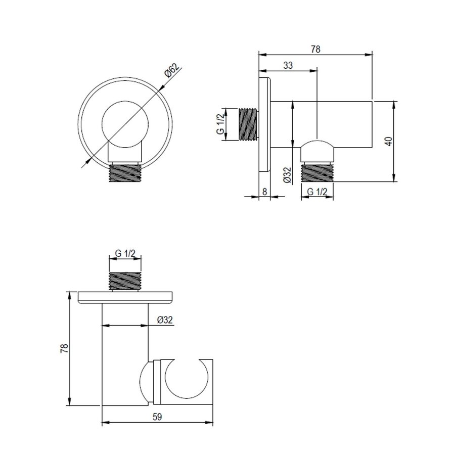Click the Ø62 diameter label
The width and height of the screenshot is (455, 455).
point(172,71)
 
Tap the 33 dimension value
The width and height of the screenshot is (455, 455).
point(288,65)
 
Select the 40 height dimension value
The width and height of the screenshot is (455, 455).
point(389,142)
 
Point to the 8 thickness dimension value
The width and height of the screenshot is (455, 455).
point(264,192)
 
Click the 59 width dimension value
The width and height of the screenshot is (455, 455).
point(157,417)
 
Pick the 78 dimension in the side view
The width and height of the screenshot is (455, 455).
point(315,50)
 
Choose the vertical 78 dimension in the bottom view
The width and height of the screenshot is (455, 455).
point(64,348)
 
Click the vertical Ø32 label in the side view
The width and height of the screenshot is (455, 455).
point(287,175)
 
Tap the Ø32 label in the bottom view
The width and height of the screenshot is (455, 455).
point(165,320)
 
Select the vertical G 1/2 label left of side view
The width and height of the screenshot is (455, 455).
point(220,124)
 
